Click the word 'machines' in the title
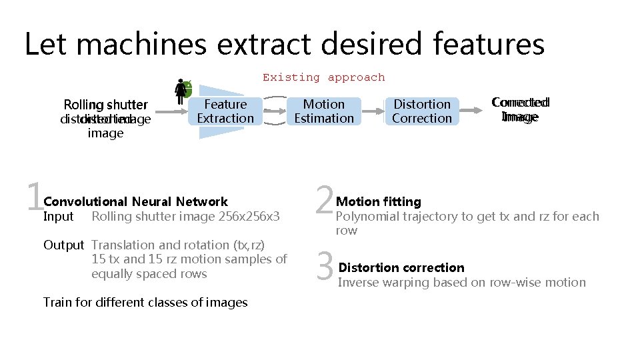point(145,45)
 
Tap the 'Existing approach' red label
point(323,77)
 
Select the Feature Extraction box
point(225,111)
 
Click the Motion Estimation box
point(324,111)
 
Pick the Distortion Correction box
point(422,111)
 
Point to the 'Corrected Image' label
point(520,109)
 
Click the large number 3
point(325,266)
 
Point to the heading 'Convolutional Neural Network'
point(135,201)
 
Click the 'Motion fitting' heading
point(379,201)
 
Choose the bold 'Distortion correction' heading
point(401,267)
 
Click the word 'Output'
point(63,245)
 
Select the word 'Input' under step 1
point(58,216)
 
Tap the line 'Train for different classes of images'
point(145,302)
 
